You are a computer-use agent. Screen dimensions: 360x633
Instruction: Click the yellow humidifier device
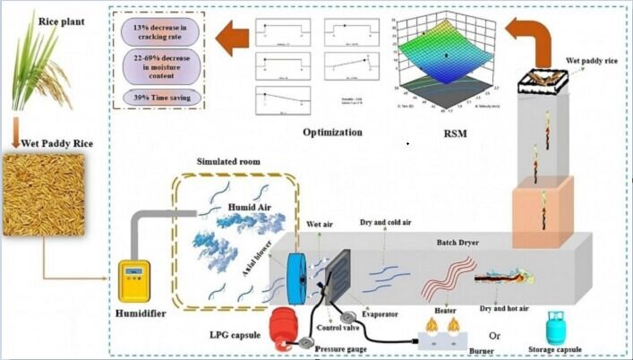[137, 279]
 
